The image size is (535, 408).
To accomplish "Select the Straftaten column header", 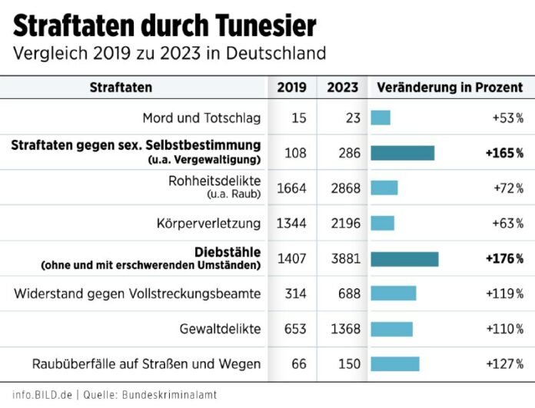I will click(121, 88).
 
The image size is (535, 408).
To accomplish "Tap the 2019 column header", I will click(291, 88).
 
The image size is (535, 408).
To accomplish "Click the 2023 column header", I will click(342, 88).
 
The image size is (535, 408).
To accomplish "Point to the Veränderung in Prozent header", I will click(449, 88).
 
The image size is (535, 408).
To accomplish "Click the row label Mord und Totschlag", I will click(201, 118).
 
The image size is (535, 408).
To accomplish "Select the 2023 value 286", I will click(349, 153).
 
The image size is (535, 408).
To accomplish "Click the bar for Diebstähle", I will click(404, 259).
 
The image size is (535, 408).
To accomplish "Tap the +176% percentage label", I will click(504, 259).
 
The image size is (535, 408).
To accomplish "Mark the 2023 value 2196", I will click(343, 224).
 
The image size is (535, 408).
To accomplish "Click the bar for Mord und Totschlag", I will click(380, 118).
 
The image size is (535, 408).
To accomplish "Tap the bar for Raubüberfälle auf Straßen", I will click(395, 364).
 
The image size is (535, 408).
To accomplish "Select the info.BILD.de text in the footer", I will click(42, 394).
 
